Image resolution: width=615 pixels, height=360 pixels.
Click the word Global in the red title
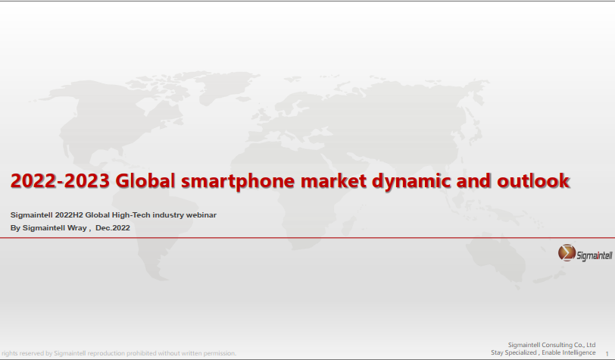click(145, 181)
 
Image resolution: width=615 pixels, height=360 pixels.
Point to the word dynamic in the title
click(411, 182)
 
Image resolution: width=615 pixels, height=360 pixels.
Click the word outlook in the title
click(533, 181)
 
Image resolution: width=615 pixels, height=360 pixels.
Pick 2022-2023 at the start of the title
click(60, 181)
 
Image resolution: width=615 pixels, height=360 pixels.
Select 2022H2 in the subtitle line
click(69, 215)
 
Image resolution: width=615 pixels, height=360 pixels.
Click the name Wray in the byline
click(80, 228)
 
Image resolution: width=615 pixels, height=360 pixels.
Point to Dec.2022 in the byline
click(113, 228)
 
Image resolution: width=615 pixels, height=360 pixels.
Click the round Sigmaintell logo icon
click(567, 253)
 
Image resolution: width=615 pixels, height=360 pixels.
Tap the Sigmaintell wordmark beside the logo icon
click(595, 255)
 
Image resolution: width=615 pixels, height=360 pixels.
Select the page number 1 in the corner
click(607, 354)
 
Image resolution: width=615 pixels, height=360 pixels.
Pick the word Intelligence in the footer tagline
click(577, 352)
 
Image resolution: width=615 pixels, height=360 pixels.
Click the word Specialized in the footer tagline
click(521, 352)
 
